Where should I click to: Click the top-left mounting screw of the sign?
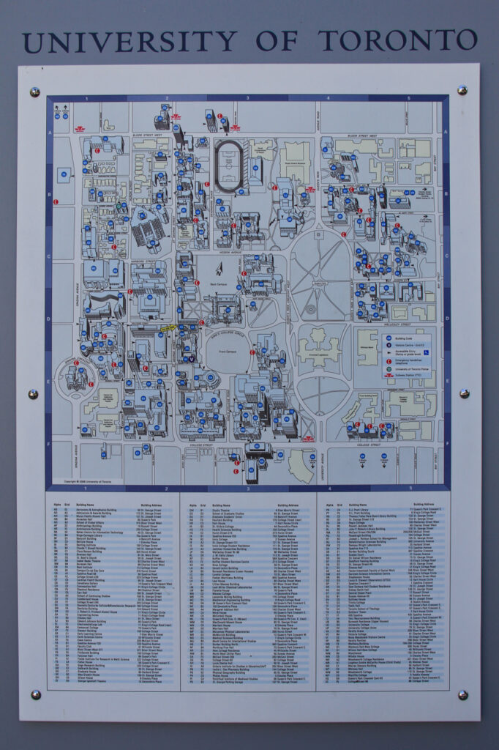tap(34, 92)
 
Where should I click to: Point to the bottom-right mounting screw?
tap(462, 694)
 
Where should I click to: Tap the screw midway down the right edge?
tap(463, 393)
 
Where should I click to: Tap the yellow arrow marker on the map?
tap(168, 328)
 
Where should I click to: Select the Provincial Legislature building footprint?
tap(318, 347)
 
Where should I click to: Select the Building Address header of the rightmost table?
tap(424, 505)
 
